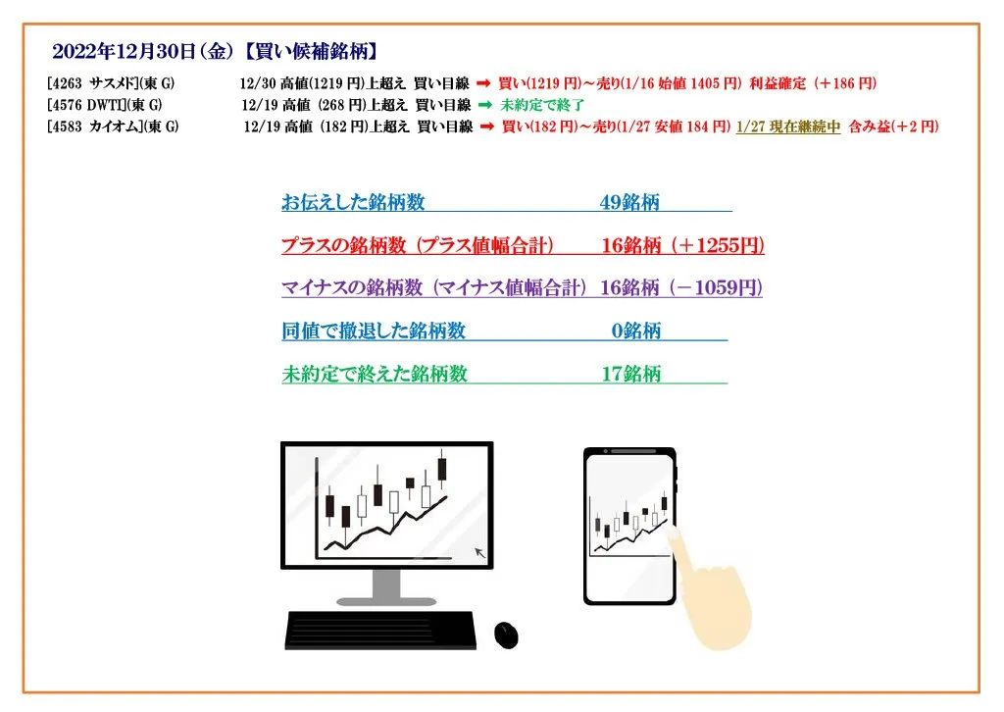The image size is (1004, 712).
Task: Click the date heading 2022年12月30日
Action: (x=123, y=51)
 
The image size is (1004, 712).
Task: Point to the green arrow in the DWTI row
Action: (x=485, y=104)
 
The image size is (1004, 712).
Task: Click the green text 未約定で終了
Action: (x=542, y=105)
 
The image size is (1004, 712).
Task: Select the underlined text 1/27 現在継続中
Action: (x=788, y=127)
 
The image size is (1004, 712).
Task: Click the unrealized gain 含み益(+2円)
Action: (x=894, y=127)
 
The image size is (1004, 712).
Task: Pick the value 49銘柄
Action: (x=629, y=202)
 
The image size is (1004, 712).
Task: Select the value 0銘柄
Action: (x=635, y=331)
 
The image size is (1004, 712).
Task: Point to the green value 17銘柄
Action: (x=631, y=374)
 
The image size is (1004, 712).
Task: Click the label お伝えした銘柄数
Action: (x=353, y=202)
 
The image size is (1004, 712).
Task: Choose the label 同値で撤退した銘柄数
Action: (x=374, y=331)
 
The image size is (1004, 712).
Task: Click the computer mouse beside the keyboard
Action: (x=507, y=636)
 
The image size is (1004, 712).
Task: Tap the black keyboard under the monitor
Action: (x=380, y=631)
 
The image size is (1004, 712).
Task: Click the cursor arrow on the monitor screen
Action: (x=480, y=552)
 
